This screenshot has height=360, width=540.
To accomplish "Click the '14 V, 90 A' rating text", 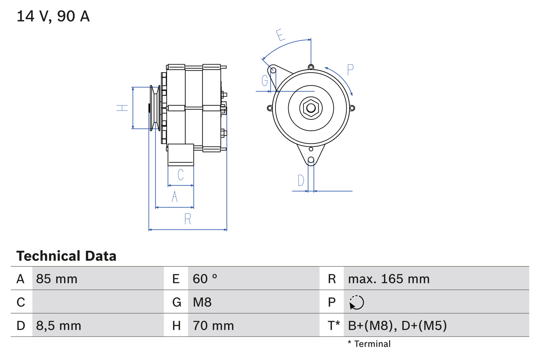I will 53,16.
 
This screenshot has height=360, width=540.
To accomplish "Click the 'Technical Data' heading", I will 66,256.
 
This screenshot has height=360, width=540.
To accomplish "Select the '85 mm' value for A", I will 57,279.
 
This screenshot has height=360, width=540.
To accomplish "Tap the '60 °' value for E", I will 205,279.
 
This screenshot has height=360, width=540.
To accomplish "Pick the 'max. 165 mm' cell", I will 389,279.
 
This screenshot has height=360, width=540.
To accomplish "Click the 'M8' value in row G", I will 202,302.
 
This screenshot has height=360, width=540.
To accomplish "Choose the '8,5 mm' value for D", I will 59,326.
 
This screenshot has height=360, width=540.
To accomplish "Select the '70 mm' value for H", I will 213,326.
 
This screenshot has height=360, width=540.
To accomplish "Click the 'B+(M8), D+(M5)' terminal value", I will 397,326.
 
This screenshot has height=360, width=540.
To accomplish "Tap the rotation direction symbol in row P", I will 356,303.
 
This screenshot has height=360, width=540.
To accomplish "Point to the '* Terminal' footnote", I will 369,344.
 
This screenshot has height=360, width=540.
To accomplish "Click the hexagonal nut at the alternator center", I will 310,108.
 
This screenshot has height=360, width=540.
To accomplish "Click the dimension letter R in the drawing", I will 187,219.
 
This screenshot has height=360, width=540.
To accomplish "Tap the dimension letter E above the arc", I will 280,35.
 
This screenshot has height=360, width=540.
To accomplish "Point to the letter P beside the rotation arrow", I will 350,70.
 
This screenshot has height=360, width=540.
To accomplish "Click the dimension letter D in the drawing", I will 300,181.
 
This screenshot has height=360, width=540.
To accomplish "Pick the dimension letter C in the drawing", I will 180,174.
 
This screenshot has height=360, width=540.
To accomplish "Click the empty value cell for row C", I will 97,302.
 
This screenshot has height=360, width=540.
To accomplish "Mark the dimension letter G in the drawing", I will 265,80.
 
